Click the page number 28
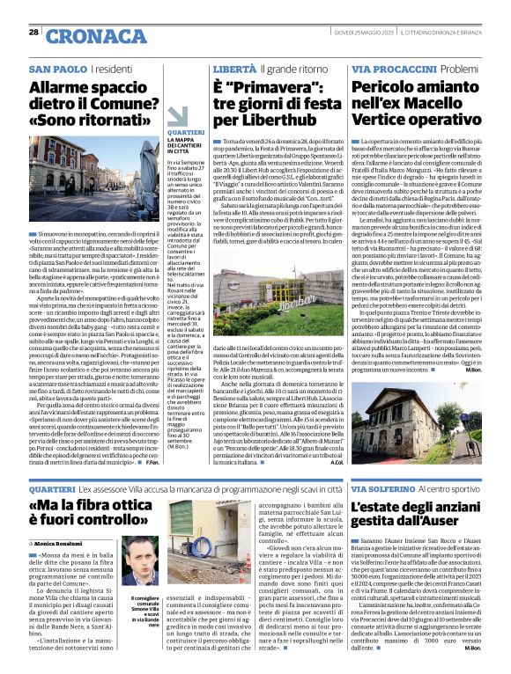click(x=33, y=33)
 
